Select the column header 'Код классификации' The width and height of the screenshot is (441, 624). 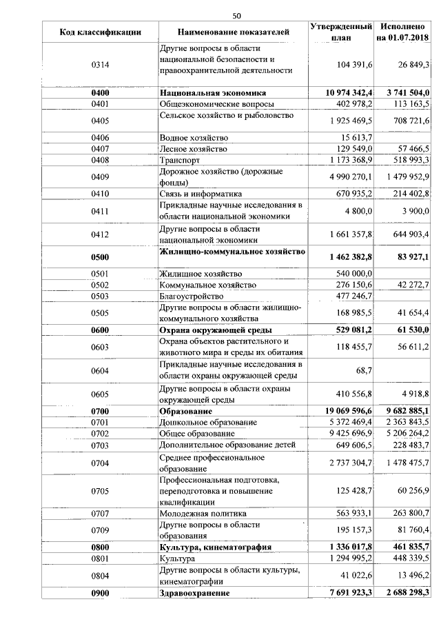pyautogui.click(x=101, y=32)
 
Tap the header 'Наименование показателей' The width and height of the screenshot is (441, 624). pyautogui.click(x=233, y=32)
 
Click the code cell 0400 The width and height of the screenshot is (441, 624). pyautogui.click(x=101, y=92)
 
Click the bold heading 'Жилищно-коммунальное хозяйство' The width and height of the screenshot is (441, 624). pyautogui.click(x=232, y=252)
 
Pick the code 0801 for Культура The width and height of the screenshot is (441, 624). pyautogui.click(x=101, y=558)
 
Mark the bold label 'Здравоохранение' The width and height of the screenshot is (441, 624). pyautogui.click(x=195, y=592)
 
